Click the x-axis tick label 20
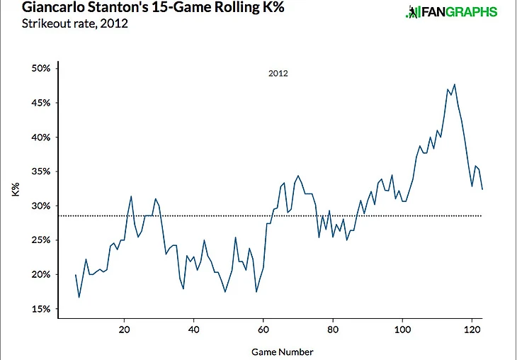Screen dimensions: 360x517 pyautogui.click(x=124, y=330)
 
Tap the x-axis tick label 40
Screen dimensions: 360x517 pyautogui.click(x=193, y=330)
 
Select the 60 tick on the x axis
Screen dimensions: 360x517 pyautogui.click(x=263, y=330)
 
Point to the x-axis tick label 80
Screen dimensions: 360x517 pyautogui.click(x=332, y=330)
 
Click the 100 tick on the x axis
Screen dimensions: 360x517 pyautogui.click(x=402, y=330)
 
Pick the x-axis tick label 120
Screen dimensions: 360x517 pyautogui.click(x=472, y=330)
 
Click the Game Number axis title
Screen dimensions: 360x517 pyautogui.click(x=282, y=351)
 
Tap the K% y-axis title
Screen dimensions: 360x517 pyautogui.click(x=16, y=189)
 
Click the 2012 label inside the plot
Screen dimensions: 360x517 pyautogui.click(x=278, y=73)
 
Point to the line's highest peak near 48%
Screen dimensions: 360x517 pyautogui.click(x=454, y=84)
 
